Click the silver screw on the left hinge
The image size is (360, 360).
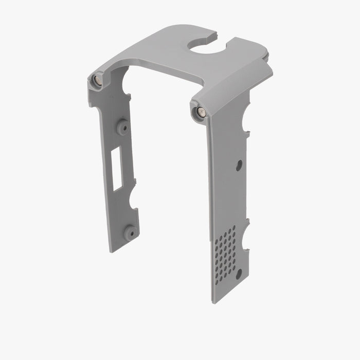tap(97, 80)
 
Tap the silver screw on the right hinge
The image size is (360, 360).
tap(200, 111)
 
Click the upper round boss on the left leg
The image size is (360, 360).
tap(122, 127)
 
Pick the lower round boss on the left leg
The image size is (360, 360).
tap(130, 232)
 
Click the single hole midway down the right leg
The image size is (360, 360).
tap(239, 165)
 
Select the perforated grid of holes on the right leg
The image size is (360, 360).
tap(225, 252)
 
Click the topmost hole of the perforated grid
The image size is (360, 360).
tap(233, 227)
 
